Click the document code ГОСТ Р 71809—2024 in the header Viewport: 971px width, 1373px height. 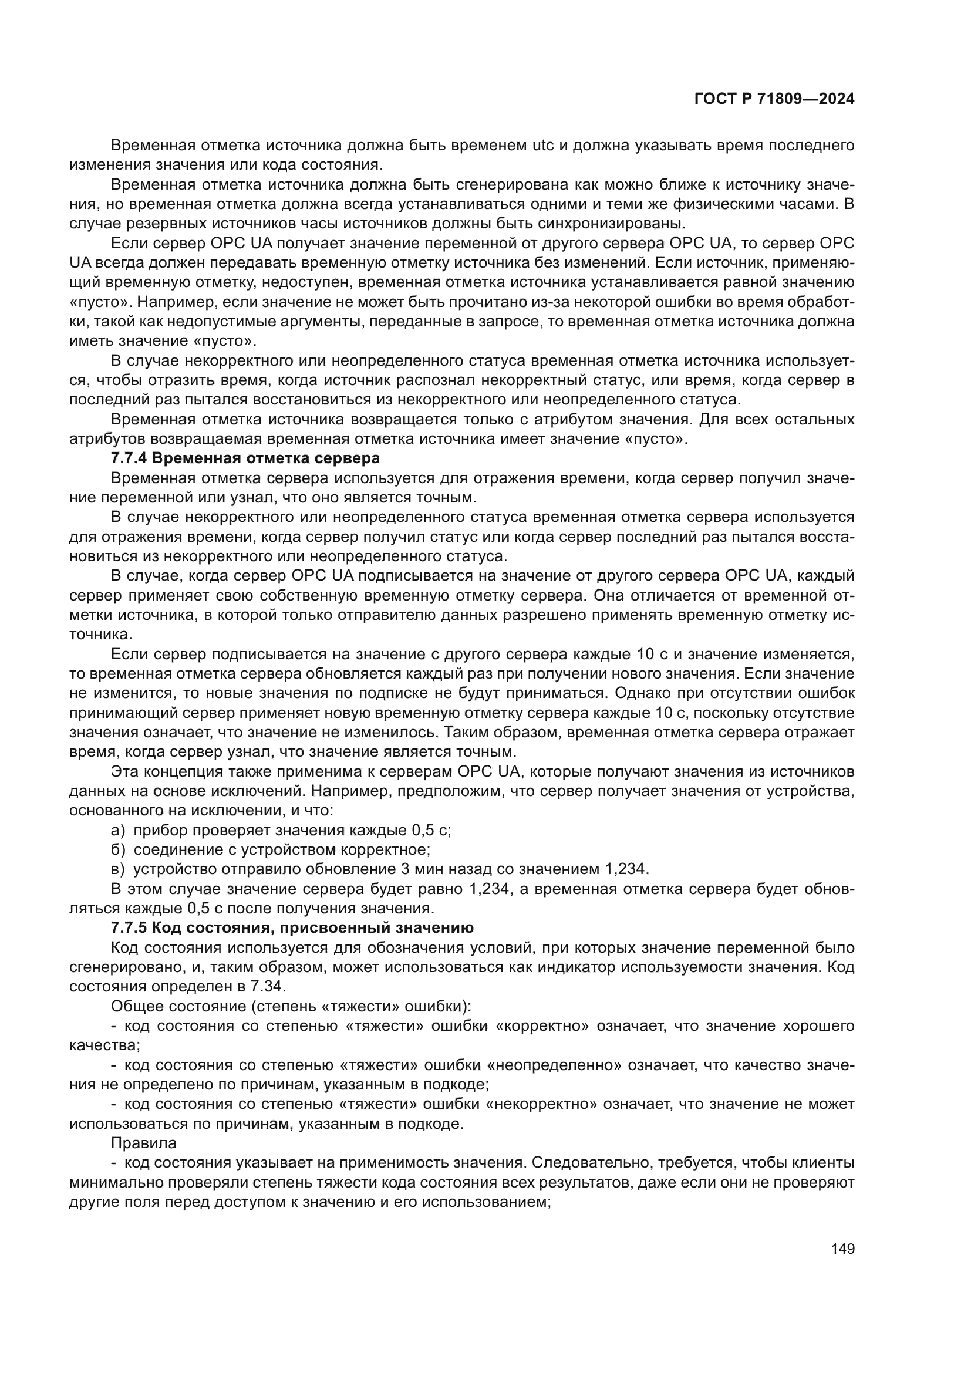774,99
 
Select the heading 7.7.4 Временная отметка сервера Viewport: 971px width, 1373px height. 245,458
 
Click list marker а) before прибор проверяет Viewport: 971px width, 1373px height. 118,830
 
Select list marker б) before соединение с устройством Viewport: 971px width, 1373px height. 118,850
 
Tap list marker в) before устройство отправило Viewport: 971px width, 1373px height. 118,869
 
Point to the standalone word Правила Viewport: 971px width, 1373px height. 143,1143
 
